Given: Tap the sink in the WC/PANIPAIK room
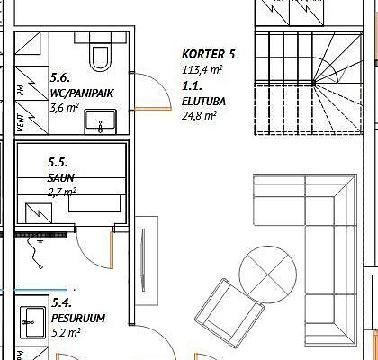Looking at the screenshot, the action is (100, 121).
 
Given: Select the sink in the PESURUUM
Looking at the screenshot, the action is (33, 322).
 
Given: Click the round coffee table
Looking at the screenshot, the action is (268, 274).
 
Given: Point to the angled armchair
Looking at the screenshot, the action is (229, 313).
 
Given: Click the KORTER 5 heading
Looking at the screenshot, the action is (208, 54).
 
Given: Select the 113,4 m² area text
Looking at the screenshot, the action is (202, 70).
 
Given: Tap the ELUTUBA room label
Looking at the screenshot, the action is (203, 102).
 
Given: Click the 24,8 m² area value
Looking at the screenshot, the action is (199, 115).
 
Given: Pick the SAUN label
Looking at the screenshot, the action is (61, 178).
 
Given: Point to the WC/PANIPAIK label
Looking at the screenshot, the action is (82, 94).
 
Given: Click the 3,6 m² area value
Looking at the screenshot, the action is (65, 108).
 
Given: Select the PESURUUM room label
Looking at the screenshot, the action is (78, 318).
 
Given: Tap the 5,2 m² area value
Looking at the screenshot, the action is (66, 333).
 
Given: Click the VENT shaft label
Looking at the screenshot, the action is (21, 122).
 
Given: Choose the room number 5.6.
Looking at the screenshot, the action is (60, 78).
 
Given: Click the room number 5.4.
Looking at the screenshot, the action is (62, 302).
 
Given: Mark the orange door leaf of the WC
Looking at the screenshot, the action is (153, 109).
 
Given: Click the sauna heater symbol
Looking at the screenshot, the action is (39, 213).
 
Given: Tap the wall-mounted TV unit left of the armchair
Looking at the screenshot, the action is (147, 261).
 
